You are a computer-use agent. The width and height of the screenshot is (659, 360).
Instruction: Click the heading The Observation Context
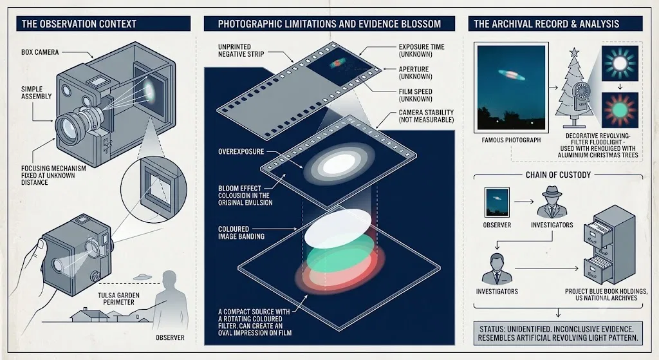(79, 24)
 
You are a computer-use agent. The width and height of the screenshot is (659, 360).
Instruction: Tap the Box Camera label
(40, 53)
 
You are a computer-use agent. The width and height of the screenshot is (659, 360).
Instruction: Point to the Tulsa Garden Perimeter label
(119, 299)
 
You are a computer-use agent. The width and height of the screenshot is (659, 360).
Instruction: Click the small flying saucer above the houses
(142, 277)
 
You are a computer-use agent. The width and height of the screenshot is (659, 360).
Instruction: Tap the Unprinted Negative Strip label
(241, 50)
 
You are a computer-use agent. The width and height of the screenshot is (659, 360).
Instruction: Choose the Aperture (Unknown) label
(416, 73)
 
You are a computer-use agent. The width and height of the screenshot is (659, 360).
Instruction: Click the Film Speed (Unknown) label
(416, 95)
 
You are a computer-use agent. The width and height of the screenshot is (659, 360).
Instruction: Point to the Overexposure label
(241, 151)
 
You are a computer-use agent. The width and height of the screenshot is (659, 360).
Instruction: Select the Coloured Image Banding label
(241, 232)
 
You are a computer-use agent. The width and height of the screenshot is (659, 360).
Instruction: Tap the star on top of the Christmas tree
(573, 53)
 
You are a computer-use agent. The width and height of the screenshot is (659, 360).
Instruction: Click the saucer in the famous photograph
(511, 75)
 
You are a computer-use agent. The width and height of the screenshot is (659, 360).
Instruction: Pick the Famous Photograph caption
(511, 140)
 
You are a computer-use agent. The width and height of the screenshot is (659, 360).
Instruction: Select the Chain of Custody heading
(558, 175)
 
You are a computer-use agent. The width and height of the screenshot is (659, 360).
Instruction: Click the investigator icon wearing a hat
(552, 202)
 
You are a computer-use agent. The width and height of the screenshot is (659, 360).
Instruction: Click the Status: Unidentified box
(558, 333)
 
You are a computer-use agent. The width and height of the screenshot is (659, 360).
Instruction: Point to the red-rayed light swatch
(620, 110)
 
